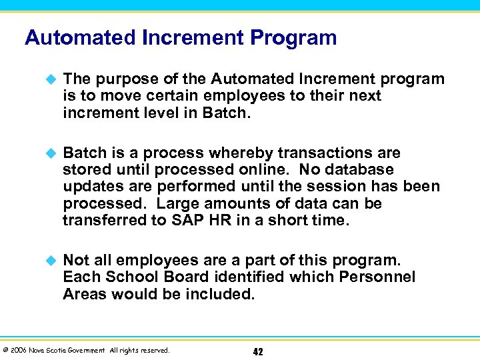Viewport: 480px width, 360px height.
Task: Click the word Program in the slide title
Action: pyautogui.click(x=293, y=37)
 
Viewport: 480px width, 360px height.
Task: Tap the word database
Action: pyautogui.click(x=360, y=170)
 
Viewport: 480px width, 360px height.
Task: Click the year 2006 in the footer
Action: pyautogui.click(x=19, y=350)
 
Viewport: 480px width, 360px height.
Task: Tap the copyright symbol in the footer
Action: pyautogui.click(x=5, y=350)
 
